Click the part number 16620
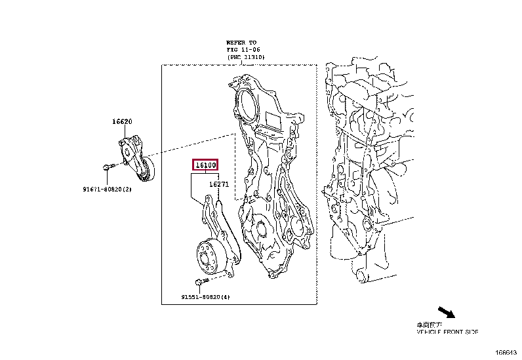click(x=122, y=122)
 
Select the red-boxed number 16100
click(x=205, y=166)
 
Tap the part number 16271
click(x=218, y=185)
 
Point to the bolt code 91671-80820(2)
click(x=108, y=189)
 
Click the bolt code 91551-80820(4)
click(x=206, y=297)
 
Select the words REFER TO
click(x=241, y=42)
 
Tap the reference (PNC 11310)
click(x=245, y=58)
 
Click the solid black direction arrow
click(x=447, y=311)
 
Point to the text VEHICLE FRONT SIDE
click(x=448, y=332)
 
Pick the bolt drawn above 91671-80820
click(x=108, y=167)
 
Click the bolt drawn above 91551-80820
click(x=201, y=282)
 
